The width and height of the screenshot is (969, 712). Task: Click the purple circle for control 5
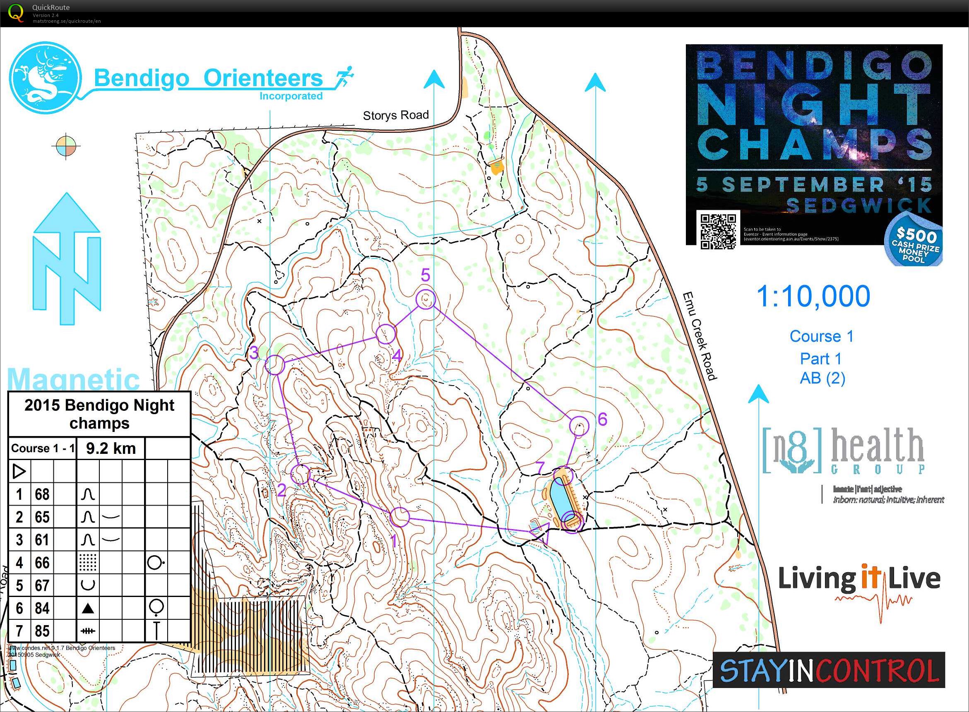click(426, 300)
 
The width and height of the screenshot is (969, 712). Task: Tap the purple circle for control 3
click(275, 364)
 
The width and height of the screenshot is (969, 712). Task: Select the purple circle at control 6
click(579, 426)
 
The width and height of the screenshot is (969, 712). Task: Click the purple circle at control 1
click(400, 517)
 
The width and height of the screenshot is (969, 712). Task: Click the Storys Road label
click(395, 115)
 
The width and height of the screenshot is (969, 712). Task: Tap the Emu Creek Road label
click(700, 336)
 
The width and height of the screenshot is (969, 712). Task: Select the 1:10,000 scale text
click(813, 297)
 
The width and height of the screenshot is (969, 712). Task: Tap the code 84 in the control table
click(42, 608)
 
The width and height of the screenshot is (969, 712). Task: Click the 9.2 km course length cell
click(111, 448)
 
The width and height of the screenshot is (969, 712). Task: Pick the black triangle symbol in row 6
click(88, 608)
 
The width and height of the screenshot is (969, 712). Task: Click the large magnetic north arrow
click(67, 259)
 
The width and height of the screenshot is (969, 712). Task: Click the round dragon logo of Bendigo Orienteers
click(46, 78)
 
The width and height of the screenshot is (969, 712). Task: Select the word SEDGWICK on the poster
click(858, 206)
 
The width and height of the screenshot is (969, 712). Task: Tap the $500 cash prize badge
click(914, 244)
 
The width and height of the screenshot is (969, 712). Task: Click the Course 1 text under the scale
click(822, 336)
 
